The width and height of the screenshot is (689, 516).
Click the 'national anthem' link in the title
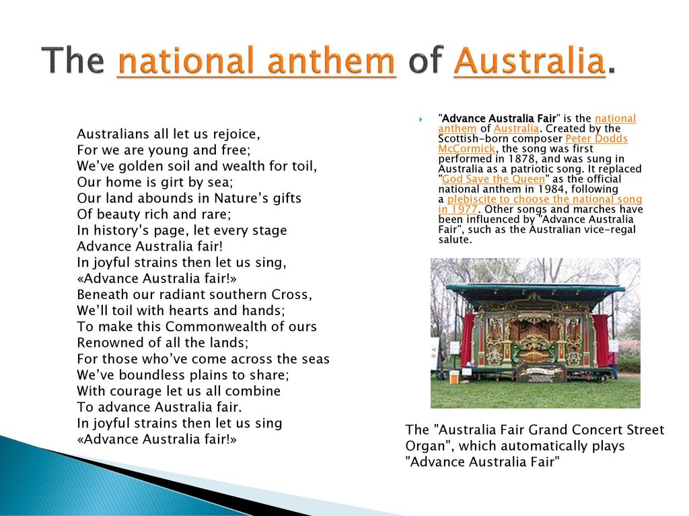coord(256,61)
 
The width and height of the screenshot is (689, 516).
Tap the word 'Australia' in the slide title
coord(530,61)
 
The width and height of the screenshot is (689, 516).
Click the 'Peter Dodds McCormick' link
coord(533,144)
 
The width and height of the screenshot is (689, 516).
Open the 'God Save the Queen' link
coord(493,179)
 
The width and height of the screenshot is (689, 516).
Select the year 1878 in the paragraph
coord(523,159)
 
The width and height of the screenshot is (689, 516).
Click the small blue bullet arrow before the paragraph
coord(421,119)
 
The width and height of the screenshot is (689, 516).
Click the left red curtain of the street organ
coord(468,340)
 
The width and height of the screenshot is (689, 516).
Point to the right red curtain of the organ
coord(601,340)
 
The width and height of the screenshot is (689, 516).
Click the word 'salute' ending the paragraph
coord(455,240)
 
